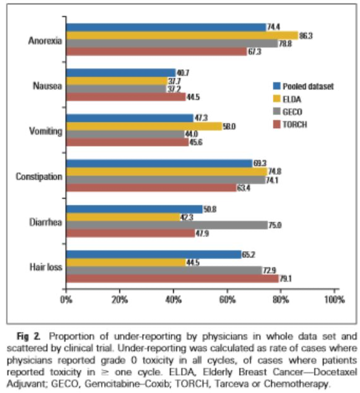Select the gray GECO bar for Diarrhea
point(167,225)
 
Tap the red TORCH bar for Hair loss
point(172,279)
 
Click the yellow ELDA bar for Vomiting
point(144,126)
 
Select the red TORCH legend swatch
point(277,124)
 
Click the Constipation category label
point(39,176)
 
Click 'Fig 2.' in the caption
point(31,337)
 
